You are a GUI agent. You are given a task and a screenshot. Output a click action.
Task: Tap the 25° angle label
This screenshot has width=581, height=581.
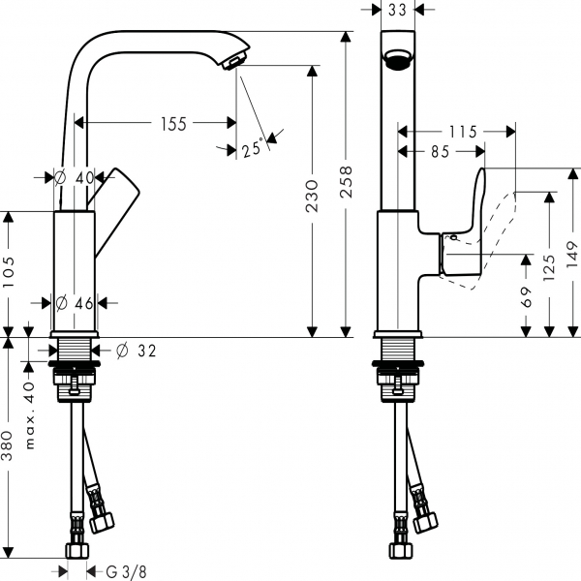253,149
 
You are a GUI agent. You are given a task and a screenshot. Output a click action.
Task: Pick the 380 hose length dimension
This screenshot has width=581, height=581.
10,447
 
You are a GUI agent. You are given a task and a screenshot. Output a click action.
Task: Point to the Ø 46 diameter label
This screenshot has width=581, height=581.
75,303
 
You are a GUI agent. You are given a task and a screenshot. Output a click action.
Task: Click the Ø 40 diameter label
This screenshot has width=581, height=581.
75,177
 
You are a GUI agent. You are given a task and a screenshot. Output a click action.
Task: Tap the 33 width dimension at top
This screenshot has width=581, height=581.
396,11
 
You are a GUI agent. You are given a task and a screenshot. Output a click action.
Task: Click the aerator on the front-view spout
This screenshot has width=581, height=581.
395,62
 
